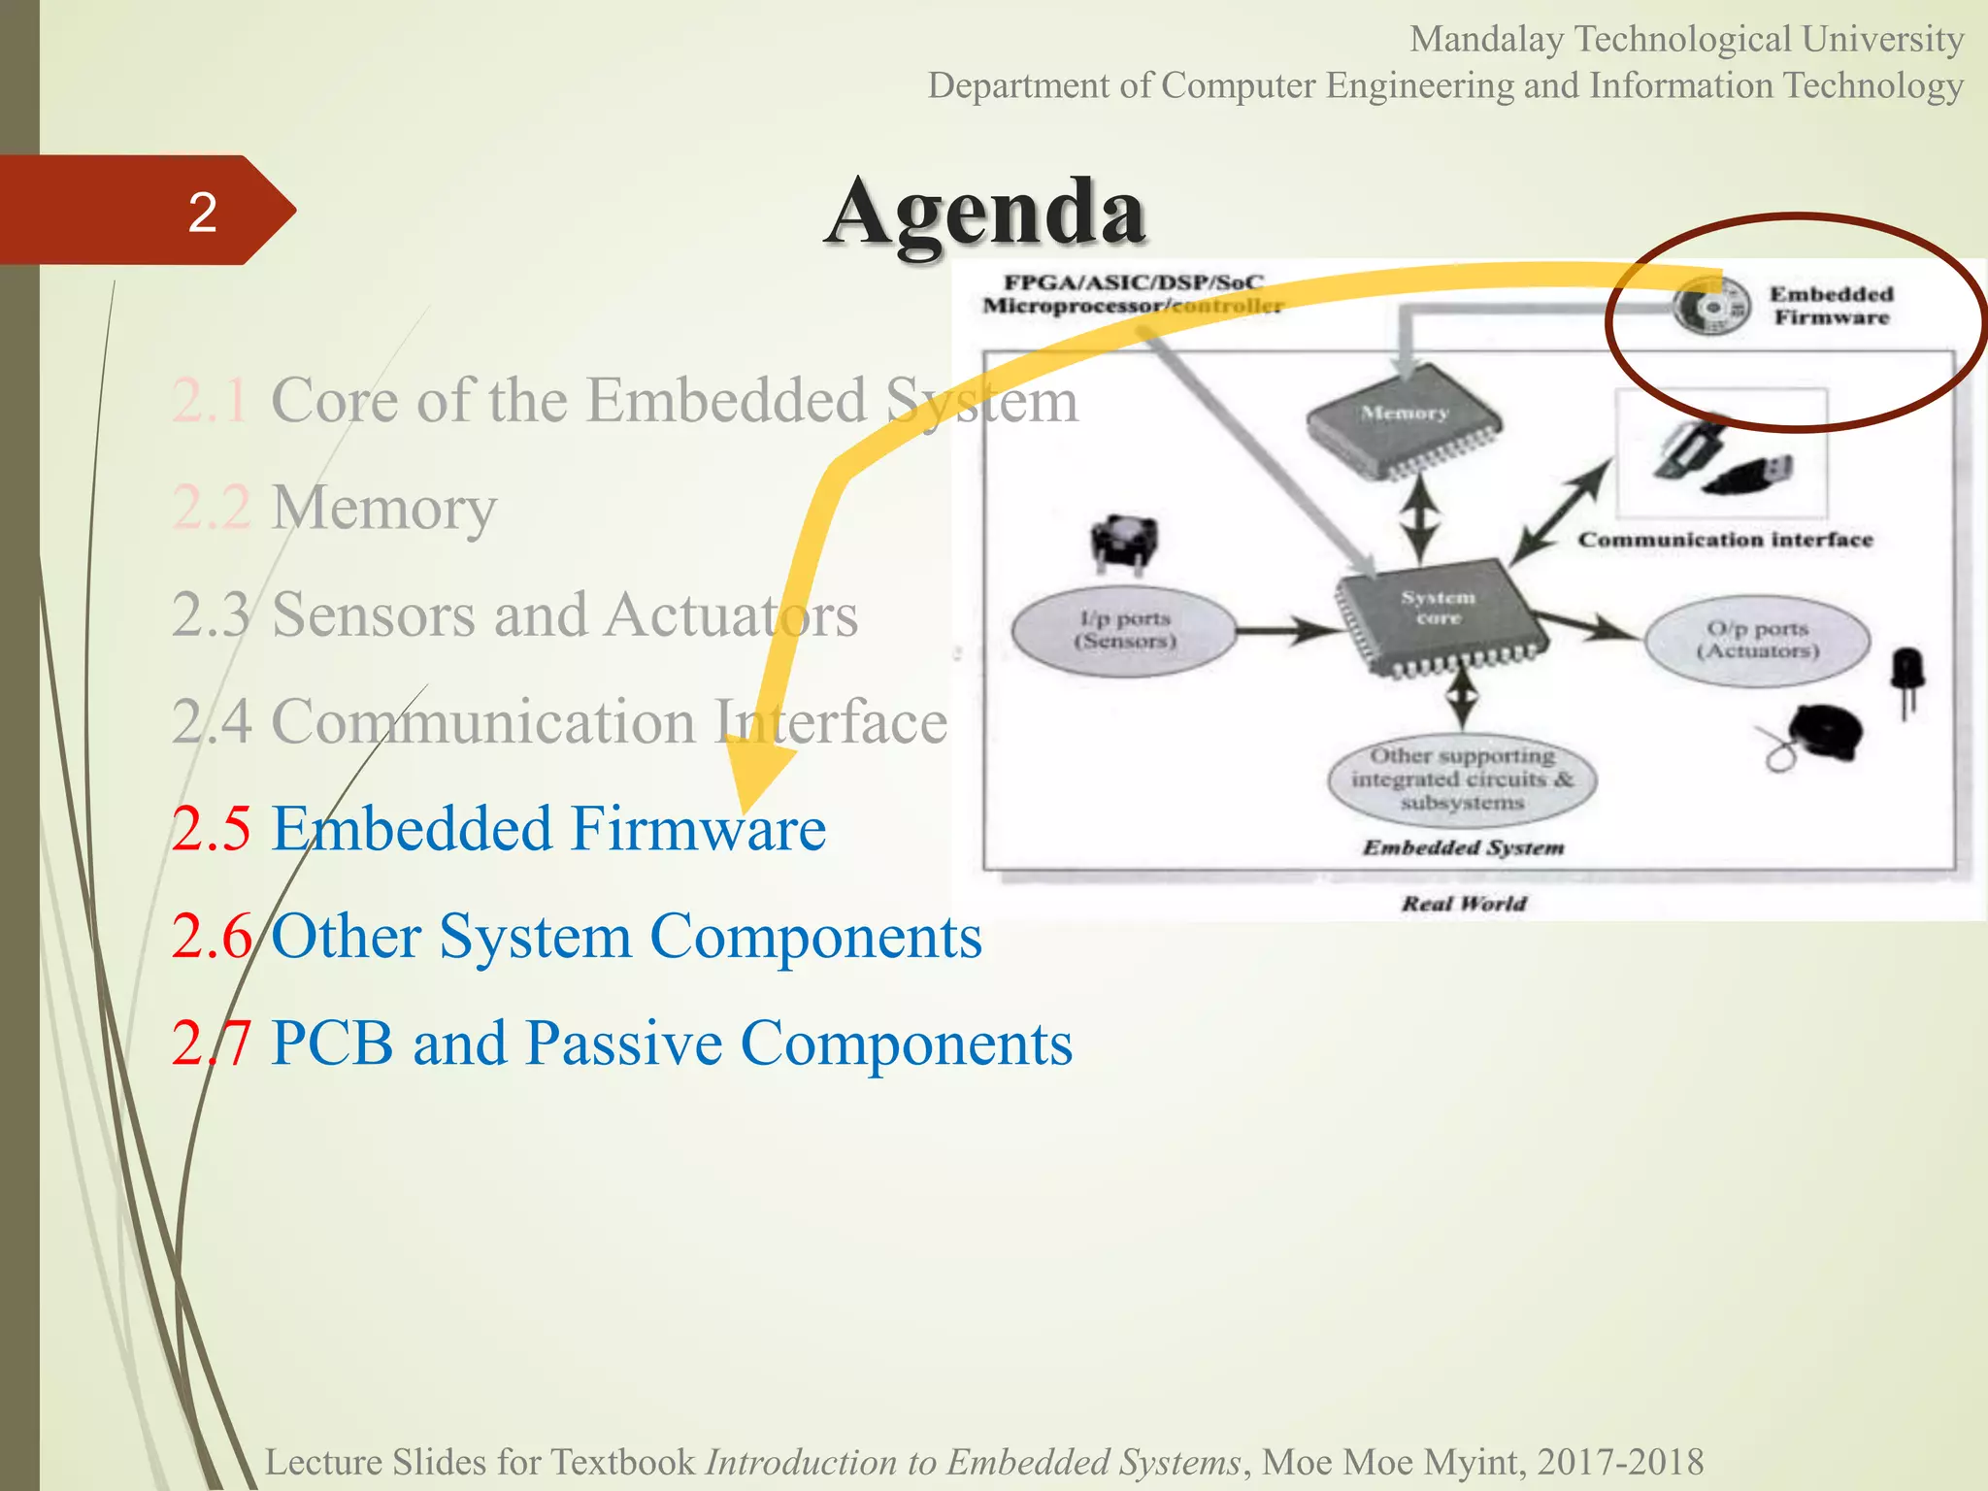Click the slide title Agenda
coord(986,212)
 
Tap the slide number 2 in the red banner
coord(202,212)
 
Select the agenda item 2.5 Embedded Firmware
coord(499,829)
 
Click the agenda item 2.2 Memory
coord(335,507)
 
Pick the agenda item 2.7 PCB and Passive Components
coord(622,1044)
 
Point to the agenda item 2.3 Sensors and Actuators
coord(515,614)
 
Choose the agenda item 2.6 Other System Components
coord(577,937)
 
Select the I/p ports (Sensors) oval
coord(1124,631)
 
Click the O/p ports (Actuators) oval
coord(1757,641)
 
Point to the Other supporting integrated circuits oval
coord(1462,779)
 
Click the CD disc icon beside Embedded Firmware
coord(1711,307)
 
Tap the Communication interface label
coord(1725,540)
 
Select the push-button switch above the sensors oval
coord(1124,543)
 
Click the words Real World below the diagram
coord(1464,904)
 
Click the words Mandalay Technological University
coord(1686,40)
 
